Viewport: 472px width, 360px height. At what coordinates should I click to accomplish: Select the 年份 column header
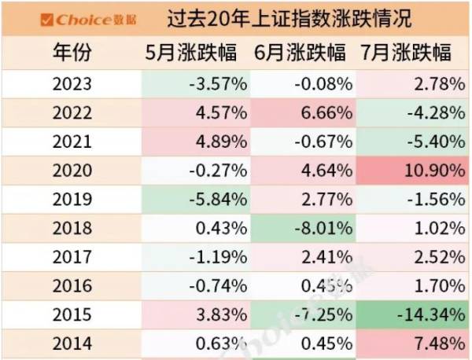click(x=72, y=53)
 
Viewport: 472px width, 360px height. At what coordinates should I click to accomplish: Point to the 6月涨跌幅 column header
click(x=301, y=53)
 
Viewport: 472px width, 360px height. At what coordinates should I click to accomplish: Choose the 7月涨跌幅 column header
click(x=410, y=53)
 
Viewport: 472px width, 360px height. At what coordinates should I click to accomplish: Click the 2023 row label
click(x=72, y=84)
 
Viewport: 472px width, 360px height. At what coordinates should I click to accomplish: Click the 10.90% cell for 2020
click(x=433, y=170)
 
